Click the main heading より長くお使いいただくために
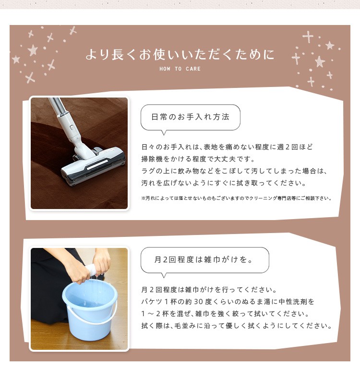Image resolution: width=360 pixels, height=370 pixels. tap(180, 54)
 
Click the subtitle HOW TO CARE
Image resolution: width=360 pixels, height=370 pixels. tap(180, 69)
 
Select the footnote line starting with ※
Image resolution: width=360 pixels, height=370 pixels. tap(237, 198)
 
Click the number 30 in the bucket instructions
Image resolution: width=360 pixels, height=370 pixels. tap(199, 302)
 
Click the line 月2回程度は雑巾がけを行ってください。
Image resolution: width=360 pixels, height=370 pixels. tap(209, 290)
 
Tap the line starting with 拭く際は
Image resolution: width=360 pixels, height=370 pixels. tap(237, 326)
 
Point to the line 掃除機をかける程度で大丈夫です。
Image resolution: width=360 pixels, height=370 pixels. tap(198, 159)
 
